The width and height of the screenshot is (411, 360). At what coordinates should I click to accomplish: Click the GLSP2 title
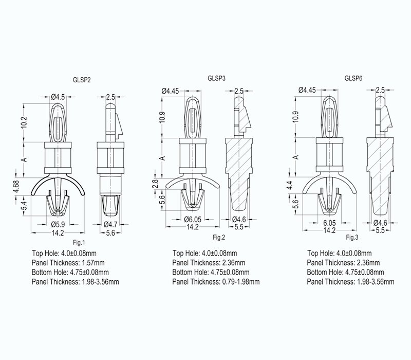(82, 80)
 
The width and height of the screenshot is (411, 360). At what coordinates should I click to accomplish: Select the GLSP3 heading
(216, 78)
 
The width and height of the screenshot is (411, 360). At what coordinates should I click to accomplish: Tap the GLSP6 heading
(353, 78)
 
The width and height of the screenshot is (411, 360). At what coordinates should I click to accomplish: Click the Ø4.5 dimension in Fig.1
(58, 97)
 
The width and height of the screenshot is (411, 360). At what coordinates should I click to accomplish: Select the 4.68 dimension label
(16, 187)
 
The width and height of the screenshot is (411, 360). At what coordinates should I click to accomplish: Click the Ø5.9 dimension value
(58, 224)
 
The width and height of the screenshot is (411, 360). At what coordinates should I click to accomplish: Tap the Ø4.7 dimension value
(110, 224)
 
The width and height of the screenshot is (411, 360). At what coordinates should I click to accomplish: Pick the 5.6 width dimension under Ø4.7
(110, 233)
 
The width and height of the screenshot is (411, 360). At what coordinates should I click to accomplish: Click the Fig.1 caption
(79, 242)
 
